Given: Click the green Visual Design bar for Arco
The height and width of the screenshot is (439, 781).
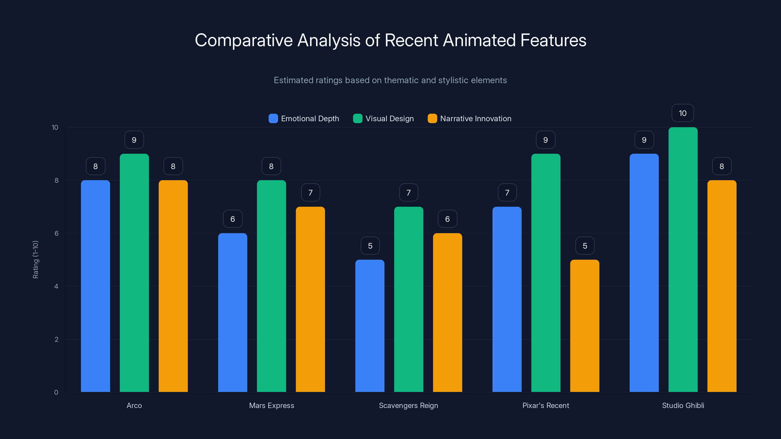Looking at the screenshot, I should [134, 273].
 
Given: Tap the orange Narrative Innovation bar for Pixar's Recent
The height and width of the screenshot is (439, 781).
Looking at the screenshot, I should [585, 326].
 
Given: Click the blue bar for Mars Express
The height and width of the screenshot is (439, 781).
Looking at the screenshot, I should [233, 312].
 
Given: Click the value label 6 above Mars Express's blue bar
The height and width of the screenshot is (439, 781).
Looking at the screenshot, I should [233, 219].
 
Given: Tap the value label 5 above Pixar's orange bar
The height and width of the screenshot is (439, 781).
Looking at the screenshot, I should [585, 246].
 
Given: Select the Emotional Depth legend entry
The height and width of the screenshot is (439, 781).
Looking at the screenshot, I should [304, 119].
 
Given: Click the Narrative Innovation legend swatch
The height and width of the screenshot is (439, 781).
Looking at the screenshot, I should [432, 119].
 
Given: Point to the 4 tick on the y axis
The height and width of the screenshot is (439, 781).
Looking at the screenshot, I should [56, 286].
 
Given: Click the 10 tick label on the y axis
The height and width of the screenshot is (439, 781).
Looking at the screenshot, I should [55, 127].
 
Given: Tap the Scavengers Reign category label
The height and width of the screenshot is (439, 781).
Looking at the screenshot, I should [408, 405].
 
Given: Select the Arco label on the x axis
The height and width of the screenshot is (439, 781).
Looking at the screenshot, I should [134, 405].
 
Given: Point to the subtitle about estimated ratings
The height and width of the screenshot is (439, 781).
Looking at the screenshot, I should [390, 80].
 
